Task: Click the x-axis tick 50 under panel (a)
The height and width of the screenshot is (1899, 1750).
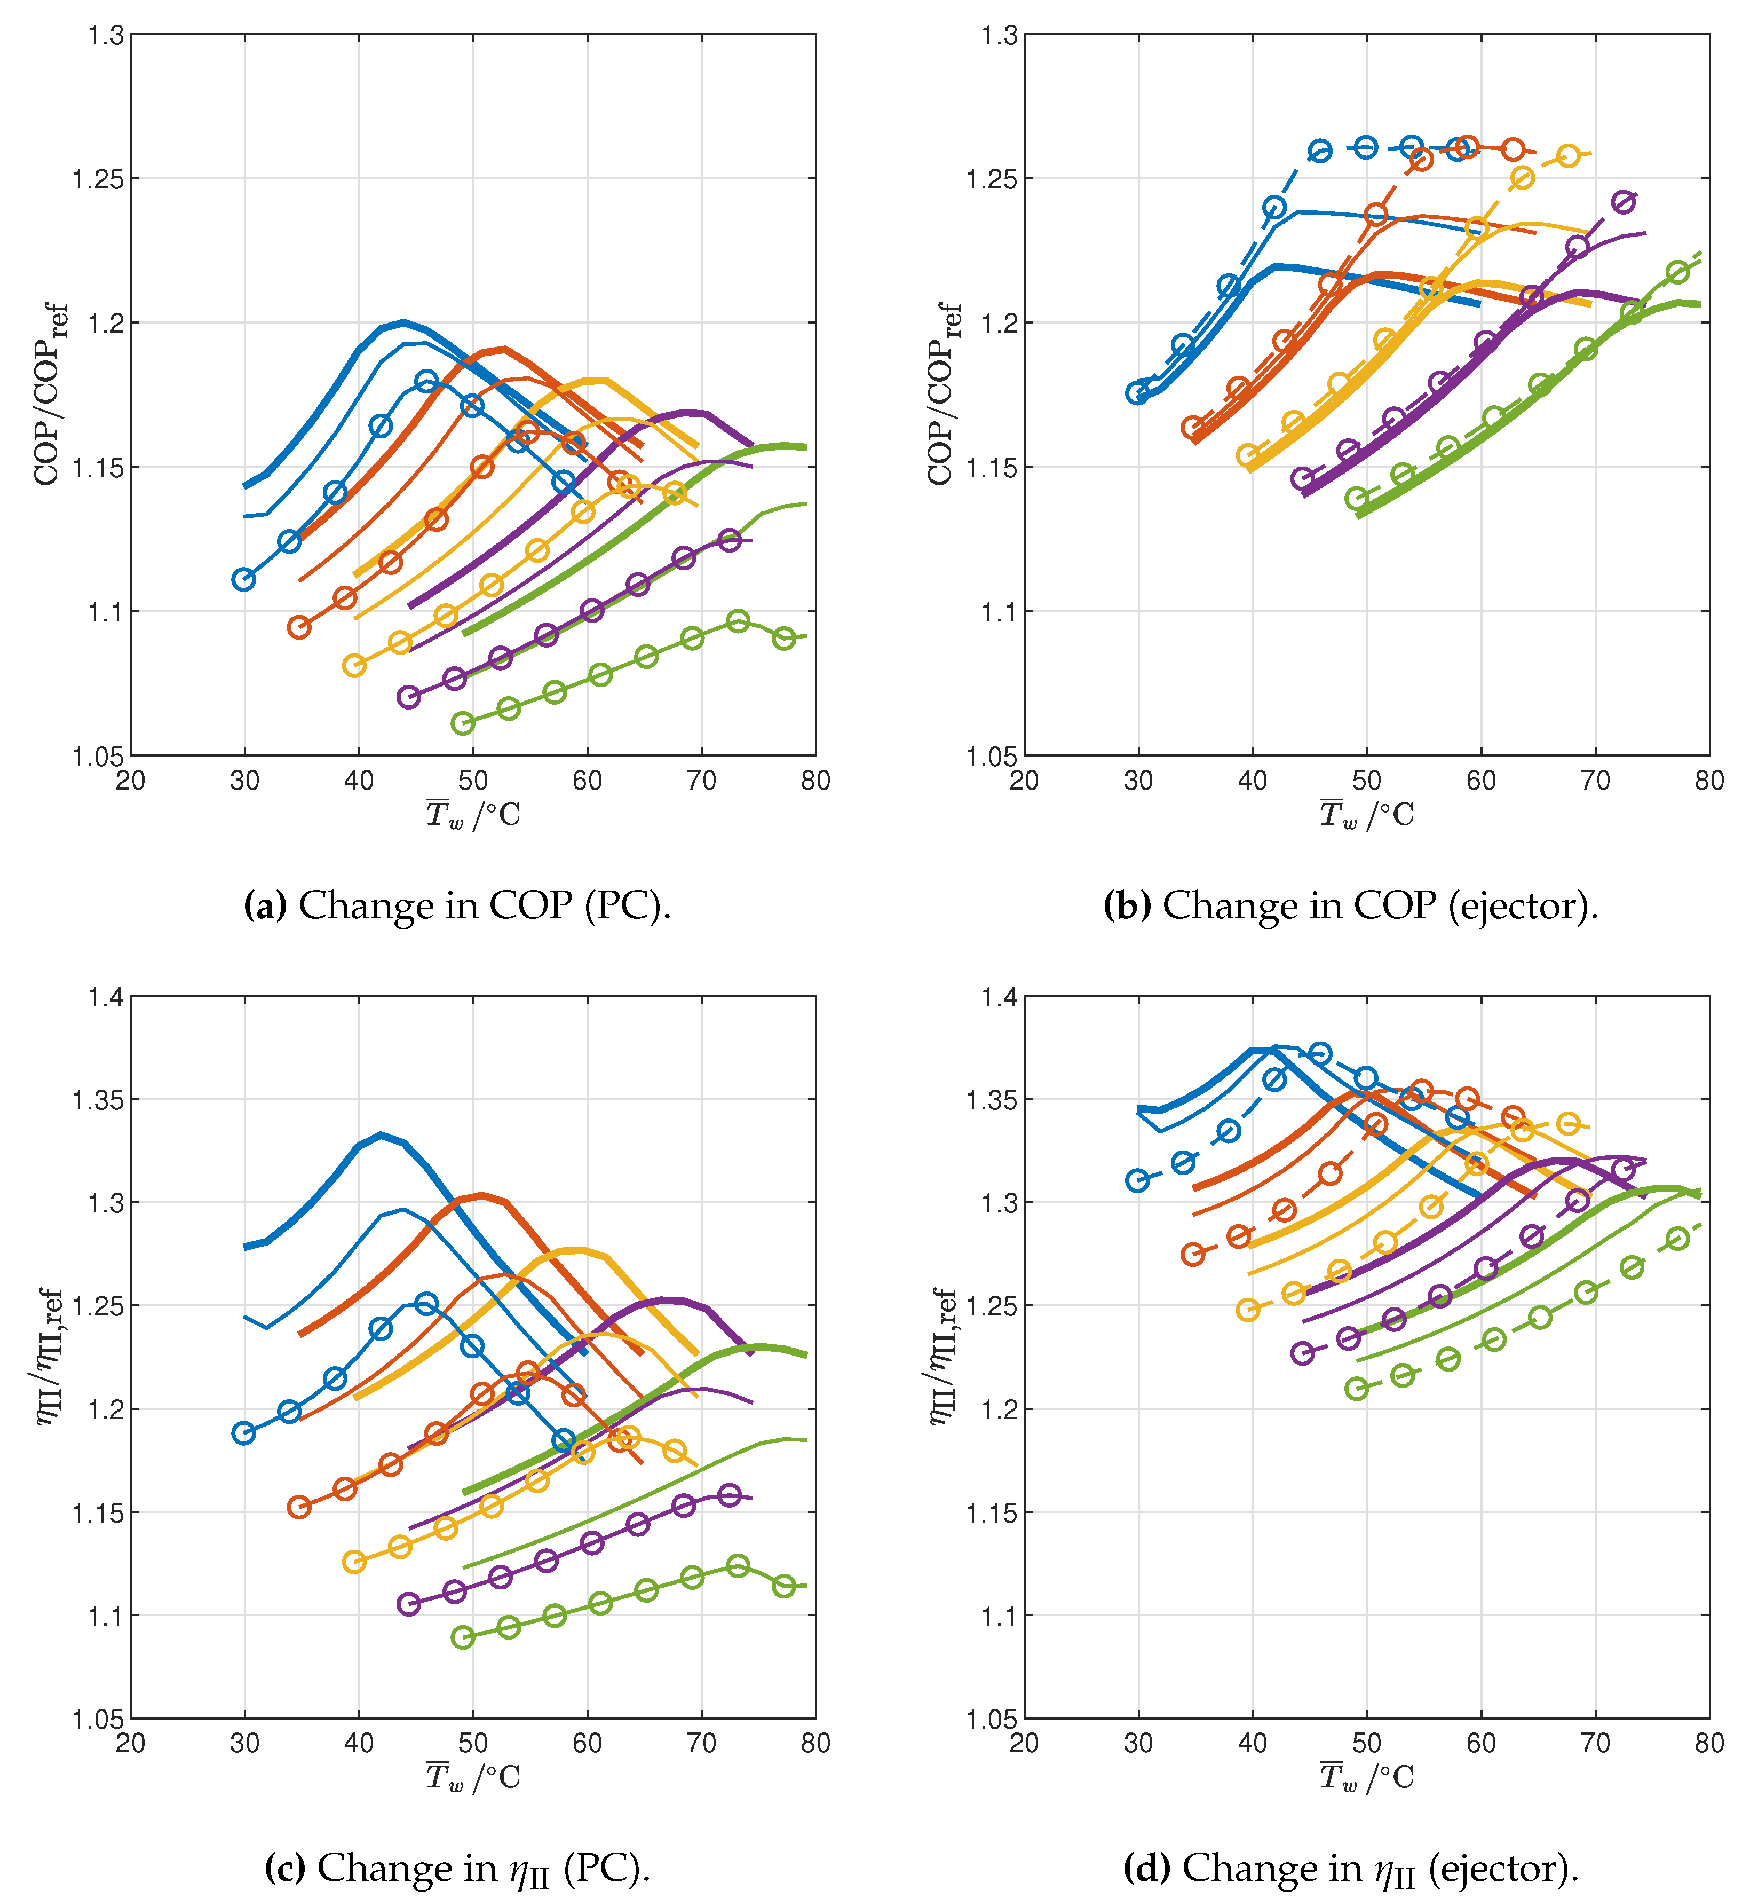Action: pyautogui.click(x=472, y=782)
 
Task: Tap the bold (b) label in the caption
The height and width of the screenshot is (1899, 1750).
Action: pyautogui.click(x=1127, y=907)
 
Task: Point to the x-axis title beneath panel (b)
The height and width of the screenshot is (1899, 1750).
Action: pyautogui.click(x=1366, y=815)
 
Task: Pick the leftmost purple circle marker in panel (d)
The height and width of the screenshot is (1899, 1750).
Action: pyautogui.click(x=1303, y=1353)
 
